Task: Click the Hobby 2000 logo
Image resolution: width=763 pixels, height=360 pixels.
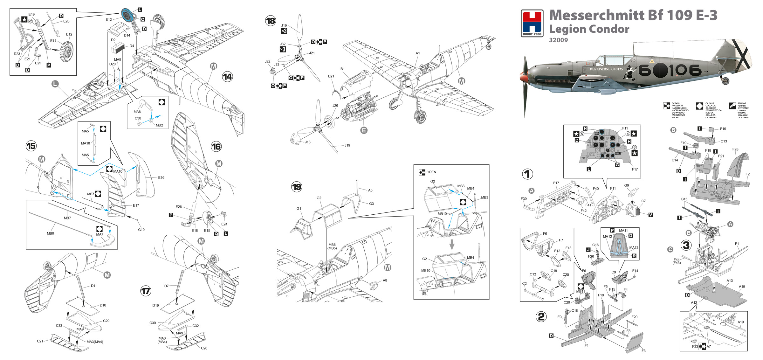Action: click(532, 23)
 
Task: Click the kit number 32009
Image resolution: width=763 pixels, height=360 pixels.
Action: click(558, 40)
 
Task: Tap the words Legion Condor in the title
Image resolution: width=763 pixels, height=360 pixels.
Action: click(589, 29)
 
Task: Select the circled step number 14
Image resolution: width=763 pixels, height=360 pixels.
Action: click(227, 77)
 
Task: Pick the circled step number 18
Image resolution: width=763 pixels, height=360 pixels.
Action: click(271, 21)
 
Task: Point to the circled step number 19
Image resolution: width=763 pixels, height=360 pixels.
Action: click(297, 187)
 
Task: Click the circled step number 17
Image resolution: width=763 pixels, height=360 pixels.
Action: click(146, 291)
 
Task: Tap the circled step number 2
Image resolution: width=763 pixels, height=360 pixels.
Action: click(541, 316)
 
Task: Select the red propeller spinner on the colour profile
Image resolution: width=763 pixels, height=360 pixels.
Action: click(523, 77)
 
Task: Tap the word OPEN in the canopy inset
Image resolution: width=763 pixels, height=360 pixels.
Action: click(431, 172)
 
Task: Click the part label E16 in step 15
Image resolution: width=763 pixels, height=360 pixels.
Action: click(161, 177)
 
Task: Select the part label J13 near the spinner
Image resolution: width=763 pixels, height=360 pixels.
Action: click(308, 142)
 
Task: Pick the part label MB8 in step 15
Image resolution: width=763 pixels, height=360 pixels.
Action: click(50, 233)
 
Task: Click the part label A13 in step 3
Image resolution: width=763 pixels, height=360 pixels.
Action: click(730, 280)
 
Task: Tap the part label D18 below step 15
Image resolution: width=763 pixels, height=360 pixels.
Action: click(103, 305)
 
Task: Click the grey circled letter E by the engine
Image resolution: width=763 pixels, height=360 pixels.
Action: click(364, 130)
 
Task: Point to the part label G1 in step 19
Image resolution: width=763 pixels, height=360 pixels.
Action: click(299, 209)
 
